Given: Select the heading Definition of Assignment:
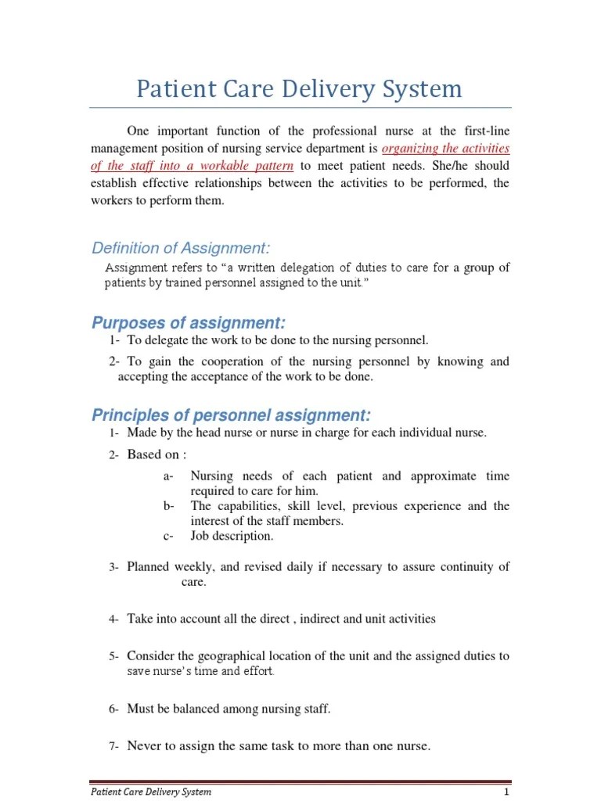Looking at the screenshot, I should tap(181, 249).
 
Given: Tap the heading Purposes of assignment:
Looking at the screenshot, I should tap(189, 323).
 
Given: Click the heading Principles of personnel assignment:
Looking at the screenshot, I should tap(232, 415).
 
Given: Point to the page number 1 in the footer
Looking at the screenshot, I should tap(506, 792).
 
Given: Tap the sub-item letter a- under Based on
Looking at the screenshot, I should tap(169, 476).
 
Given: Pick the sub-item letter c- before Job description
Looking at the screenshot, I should tap(169, 536).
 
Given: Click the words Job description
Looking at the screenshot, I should tap(232, 536).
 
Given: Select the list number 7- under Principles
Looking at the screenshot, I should tap(113, 746).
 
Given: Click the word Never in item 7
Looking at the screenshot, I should tap(144, 745).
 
